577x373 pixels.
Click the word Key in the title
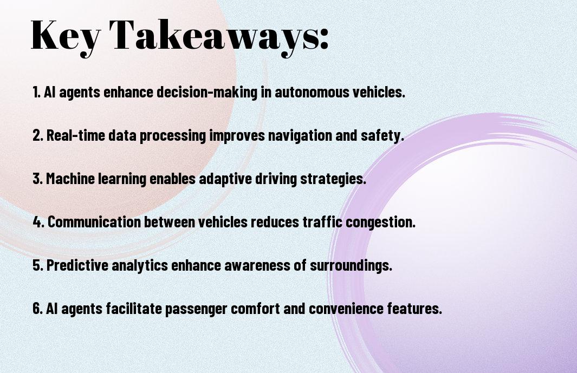[66, 36]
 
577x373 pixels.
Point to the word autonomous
[312, 92]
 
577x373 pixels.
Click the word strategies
[333, 179]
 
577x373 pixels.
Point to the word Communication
[94, 222]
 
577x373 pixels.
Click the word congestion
[380, 222]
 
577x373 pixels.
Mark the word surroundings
[351, 266]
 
